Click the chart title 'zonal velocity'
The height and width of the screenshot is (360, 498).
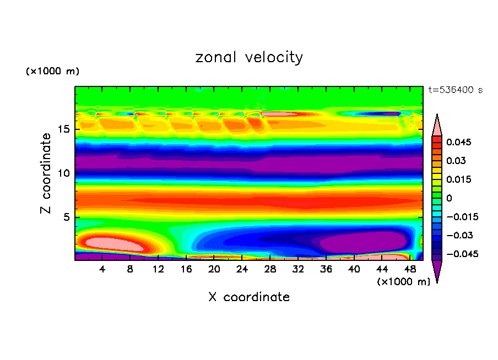[x=249, y=57]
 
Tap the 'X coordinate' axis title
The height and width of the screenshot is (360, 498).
[x=249, y=297]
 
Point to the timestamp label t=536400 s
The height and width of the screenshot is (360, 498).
[x=455, y=90]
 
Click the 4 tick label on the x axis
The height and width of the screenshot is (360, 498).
[x=102, y=269]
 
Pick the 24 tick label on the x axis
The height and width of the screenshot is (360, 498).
[x=242, y=269]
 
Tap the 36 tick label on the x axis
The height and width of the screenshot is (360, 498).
[x=326, y=269]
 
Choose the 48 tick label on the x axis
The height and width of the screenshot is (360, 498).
[x=409, y=269]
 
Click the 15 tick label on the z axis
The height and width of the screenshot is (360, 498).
[x=64, y=129]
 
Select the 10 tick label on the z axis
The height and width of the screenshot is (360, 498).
[x=64, y=173]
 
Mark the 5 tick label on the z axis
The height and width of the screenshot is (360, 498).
[x=67, y=217]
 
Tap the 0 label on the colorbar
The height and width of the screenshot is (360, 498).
[x=449, y=198]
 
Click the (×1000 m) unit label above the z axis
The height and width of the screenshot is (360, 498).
[x=52, y=72]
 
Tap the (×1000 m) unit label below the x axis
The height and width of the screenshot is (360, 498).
[x=403, y=282]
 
